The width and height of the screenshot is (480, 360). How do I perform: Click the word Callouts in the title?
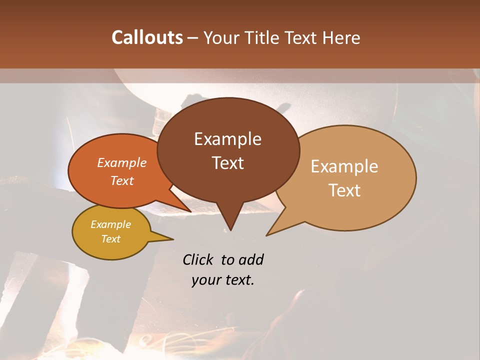click(x=147, y=37)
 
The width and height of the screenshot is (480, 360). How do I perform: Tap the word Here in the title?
click(x=341, y=37)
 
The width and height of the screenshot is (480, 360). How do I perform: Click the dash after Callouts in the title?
click(x=193, y=38)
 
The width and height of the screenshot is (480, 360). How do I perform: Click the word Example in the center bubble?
click(x=228, y=139)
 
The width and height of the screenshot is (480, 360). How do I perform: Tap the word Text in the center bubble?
click(x=228, y=163)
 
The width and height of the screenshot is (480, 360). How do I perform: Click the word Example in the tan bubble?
click(x=344, y=166)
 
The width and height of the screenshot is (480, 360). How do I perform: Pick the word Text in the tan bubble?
click(x=345, y=190)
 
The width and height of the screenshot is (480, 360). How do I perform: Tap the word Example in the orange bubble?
click(x=122, y=162)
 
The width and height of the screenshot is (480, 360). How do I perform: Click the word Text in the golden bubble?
click(x=111, y=239)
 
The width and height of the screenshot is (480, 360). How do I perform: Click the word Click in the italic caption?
click(x=199, y=259)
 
